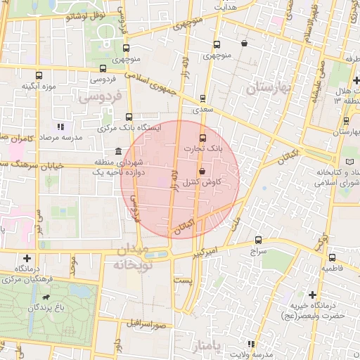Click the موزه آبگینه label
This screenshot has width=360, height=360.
(x=34, y=86)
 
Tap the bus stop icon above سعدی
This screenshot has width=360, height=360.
(x=203, y=98)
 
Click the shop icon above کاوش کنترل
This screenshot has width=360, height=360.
(x=202, y=171)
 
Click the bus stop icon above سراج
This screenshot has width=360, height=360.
(x=258, y=240)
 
